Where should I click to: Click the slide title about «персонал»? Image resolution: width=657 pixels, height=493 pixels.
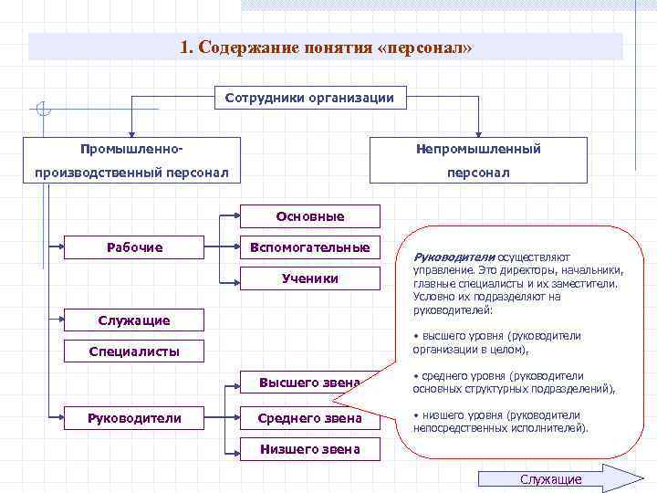326,47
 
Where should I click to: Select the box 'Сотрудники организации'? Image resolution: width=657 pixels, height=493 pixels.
309,99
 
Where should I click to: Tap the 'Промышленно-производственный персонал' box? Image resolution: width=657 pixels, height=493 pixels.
131,160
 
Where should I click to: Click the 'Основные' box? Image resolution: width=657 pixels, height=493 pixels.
310,216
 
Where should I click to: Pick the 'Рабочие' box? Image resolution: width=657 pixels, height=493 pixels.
134,246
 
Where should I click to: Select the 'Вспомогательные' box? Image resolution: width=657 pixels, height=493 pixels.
310,247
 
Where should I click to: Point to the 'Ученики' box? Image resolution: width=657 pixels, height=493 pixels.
310,278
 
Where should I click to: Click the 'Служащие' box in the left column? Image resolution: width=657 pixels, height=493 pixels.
134,320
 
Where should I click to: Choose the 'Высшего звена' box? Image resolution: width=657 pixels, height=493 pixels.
310,383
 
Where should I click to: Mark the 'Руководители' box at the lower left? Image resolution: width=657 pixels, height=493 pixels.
134,418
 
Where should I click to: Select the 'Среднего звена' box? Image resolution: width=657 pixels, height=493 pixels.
310,418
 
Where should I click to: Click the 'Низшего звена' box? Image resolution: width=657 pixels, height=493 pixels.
310,449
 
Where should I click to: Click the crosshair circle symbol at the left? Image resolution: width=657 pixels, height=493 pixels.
43,111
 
